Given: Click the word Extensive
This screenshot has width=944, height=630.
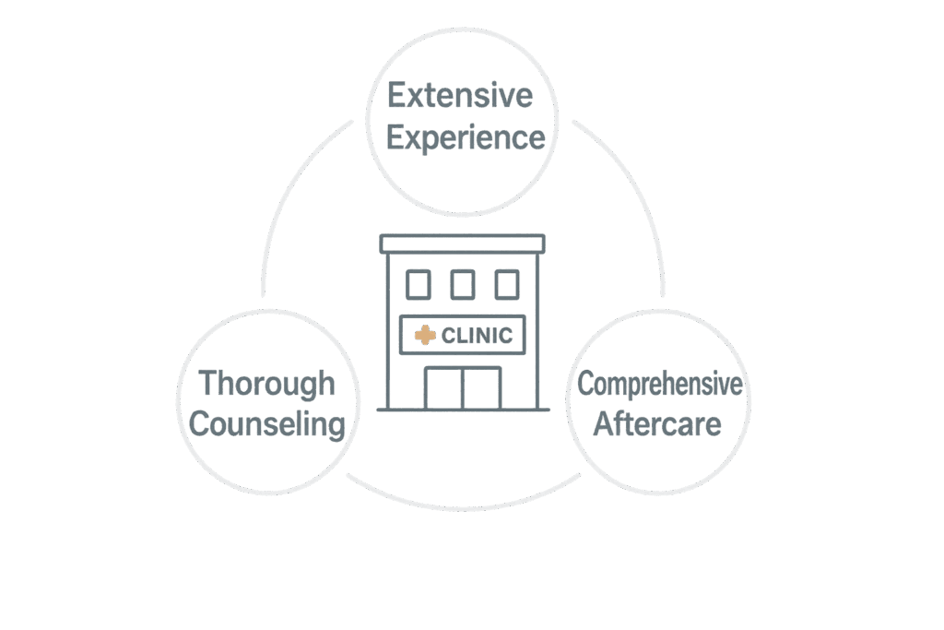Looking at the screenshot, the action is pyautogui.click(x=460, y=95).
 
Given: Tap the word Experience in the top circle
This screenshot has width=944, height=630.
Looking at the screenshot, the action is pyautogui.click(x=466, y=138).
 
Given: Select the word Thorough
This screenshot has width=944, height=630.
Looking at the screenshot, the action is pyautogui.click(x=266, y=385).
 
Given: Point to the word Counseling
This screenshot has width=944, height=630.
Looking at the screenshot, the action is pyautogui.click(x=266, y=424).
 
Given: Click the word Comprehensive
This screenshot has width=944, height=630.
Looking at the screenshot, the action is pyautogui.click(x=660, y=385).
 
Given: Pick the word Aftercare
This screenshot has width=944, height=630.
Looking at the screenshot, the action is pyautogui.click(x=657, y=423).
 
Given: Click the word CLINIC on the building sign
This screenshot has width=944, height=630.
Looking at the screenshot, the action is pyautogui.click(x=477, y=336).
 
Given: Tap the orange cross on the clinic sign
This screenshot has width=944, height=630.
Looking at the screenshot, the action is pyautogui.click(x=425, y=336).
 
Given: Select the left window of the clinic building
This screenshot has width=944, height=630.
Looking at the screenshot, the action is pyautogui.click(x=419, y=285).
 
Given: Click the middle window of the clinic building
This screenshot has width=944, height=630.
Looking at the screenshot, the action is pyautogui.click(x=463, y=285).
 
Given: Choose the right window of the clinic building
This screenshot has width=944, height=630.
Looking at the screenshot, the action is pyautogui.click(x=507, y=285).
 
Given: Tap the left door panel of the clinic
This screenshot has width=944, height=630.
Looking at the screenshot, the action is pyautogui.click(x=443, y=388).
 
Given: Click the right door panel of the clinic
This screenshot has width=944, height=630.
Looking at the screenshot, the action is pyautogui.click(x=481, y=388).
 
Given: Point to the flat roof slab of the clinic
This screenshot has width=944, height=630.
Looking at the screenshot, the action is pyautogui.click(x=463, y=244).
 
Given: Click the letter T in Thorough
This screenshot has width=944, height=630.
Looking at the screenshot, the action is pyautogui.click(x=207, y=383).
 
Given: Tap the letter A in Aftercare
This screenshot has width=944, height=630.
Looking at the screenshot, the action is pyautogui.click(x=604, y=423).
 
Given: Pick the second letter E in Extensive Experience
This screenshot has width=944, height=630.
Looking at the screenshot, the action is pyautogui.click(x=395, y=137).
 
